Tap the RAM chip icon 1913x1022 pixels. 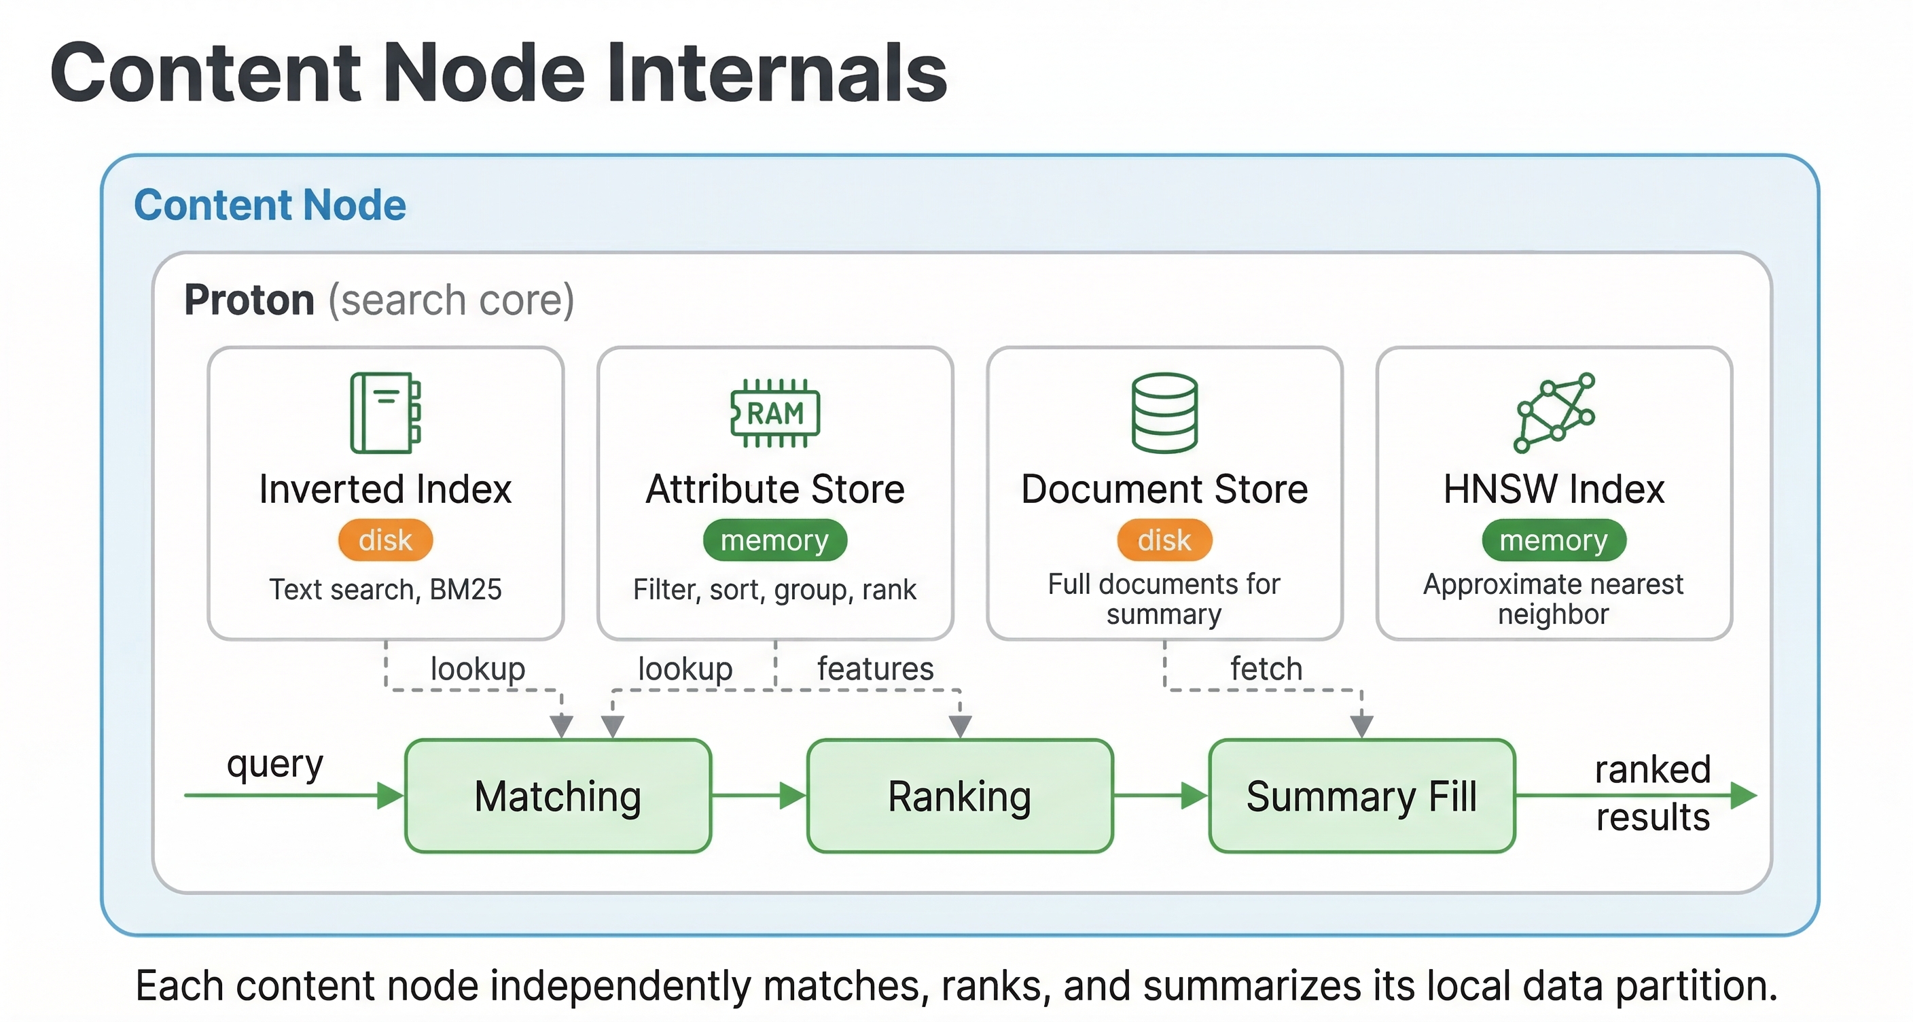pyautogui.click(x=774, y=413)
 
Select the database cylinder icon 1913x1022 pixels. pyautogui.click(x=1164, y=413)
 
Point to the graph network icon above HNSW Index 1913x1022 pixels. pyautogui.click(x=1554, y=413)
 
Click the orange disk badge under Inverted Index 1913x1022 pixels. pyautogui.click(x=385, y=540)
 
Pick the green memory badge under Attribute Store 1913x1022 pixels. pyautogui.click(x=774, y=540)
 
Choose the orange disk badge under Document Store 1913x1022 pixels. pyautogui.click(x=1164, y=540)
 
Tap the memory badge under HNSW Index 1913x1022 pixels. pyautogui.click(x=1554, y=540)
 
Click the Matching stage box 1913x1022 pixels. pyautogui.click(x=558, y=796)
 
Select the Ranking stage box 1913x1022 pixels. pyautogui.click(x=959, y=796)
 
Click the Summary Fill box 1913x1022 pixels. pyautogui.click(x=1361, y=796)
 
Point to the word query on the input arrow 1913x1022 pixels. pyautogui.click(x=274, y=764)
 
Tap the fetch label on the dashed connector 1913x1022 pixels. pyautogui.click(x=1266, y=669)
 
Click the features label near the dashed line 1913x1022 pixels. pyautogui.click(x=875, y=669)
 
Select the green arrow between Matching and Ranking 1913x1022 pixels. pyautogui.click(x=758, y=796)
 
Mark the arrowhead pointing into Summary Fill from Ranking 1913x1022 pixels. pyautogui.click(x=1195, y=796)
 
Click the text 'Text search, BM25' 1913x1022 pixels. pyautogui.click(x=385, y=590)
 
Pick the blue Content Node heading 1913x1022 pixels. pyautogui.click(x=270, y=205)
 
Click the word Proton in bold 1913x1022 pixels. pyautogui.click(x=249, y=300)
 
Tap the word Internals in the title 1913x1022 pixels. pyautogui.click(x=776, y=73)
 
